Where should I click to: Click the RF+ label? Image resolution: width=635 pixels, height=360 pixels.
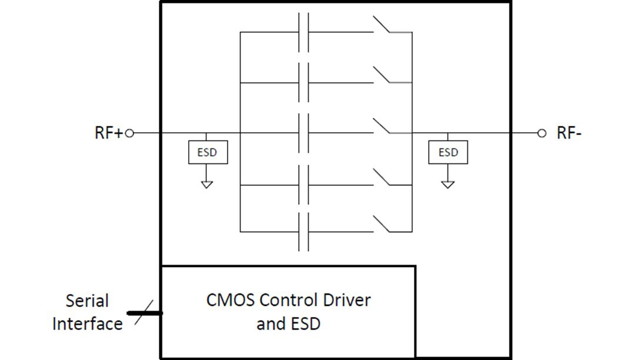(108, 133)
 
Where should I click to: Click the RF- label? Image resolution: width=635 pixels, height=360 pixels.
(569, 133)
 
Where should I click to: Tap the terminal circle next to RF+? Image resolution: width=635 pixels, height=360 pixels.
(130, 134)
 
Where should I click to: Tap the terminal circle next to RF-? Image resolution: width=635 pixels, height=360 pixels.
(542, 134)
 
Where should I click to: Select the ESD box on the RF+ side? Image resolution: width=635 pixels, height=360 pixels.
(207, 152)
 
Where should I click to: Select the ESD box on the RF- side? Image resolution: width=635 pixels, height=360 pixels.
(448, 152)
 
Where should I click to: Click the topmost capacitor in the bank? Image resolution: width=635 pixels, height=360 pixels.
(303, 32)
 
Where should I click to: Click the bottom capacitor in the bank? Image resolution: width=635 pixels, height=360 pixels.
(303, 232)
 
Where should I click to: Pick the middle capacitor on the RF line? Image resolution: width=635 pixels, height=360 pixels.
(303, 134)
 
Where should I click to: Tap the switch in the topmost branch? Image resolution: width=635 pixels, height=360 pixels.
(382, 25)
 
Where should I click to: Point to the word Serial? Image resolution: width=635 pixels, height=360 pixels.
(87, 301)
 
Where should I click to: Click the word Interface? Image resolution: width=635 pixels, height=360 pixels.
(87, 324)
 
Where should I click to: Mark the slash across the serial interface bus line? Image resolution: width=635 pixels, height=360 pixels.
(144, 312)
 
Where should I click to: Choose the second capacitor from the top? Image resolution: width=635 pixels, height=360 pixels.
(303, 82)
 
